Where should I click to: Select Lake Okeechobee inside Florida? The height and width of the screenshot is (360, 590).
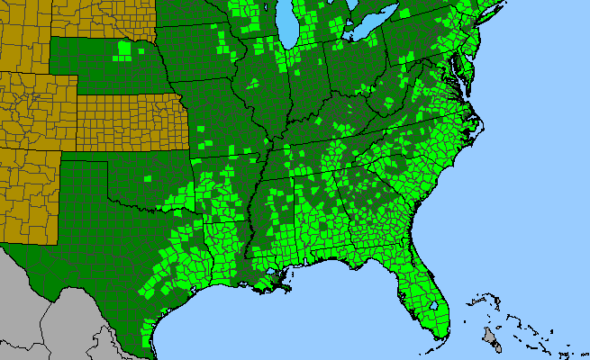click(438, 306)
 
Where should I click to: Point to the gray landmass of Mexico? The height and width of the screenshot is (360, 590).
click(54, 315)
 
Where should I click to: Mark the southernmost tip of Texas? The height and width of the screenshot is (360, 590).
click(150, 351)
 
